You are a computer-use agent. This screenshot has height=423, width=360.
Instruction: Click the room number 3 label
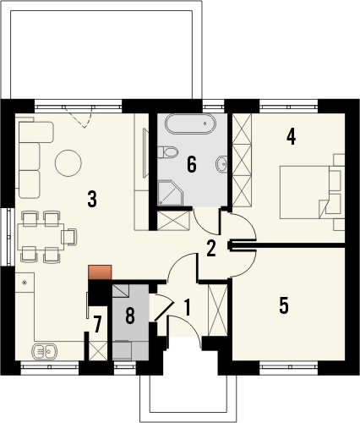(x=92, y=199)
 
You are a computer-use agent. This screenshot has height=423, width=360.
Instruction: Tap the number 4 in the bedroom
(x=291, y=137)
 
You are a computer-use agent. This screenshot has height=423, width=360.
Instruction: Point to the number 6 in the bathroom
(x=192, y=164)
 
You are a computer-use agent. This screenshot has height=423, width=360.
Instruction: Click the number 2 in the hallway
(x=211, y=249)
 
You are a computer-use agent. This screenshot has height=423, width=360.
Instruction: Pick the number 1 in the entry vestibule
(x=187, y=307)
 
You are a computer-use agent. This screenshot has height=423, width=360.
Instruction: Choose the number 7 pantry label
(x=97, y=325)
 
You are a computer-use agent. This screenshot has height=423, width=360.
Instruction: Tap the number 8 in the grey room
(x=130, y=316)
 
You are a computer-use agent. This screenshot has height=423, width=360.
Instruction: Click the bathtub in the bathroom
(x=191, y=124)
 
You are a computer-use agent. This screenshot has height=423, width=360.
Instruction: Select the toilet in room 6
(x=167, y=152)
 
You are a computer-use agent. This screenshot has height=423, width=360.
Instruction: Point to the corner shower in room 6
(x=170, y=193)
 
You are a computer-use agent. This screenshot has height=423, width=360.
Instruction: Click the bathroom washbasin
(x=222, y=163)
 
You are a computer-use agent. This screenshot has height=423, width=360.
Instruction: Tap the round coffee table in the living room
(x=68, y=163)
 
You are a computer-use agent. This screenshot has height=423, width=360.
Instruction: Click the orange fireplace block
(x=100, y=272)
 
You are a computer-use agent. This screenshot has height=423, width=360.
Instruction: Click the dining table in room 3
(x=41, y=237)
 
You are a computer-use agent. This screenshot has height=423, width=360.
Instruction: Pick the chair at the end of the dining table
(x=69, y=237)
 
